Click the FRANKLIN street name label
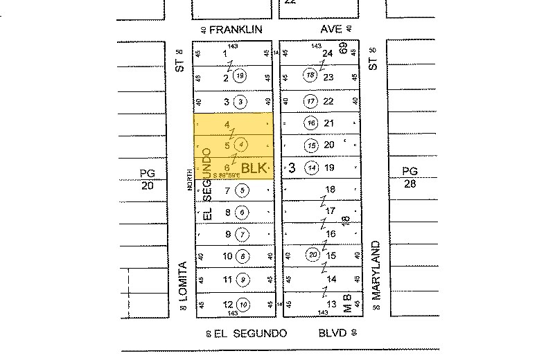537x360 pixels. tap(236, 29)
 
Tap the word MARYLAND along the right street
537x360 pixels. tap(377, 270)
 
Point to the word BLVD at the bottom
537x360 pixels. tap(331, 333)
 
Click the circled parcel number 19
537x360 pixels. tap(240, 75)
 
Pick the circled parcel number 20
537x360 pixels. tap(313, 255)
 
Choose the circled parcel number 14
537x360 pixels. tap(312, 168)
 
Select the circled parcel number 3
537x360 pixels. tap(240, 102)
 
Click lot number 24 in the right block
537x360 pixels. tap(328, 53)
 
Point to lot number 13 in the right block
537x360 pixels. tap(331, 304)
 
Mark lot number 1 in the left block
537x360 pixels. tap(225, 53)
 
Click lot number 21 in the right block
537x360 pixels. tap(330, 123)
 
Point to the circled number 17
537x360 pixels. tap(310, 102)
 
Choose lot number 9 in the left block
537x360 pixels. tap(227, 234)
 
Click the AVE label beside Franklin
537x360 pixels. tap(331, 29)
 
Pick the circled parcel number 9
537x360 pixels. tap(243, 280)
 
